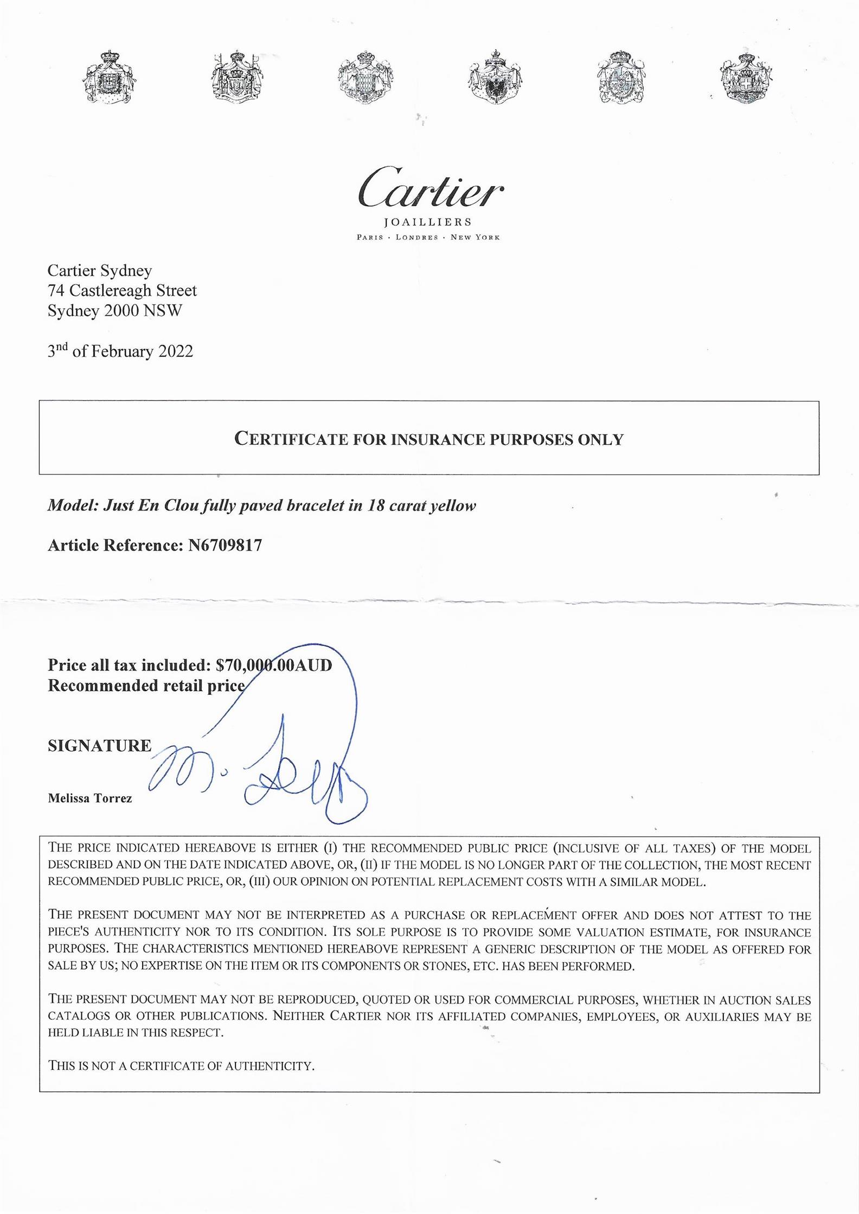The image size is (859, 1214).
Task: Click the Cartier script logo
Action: click(x=430, y=188)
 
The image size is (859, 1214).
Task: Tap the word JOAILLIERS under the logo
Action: click(x=428, y=222)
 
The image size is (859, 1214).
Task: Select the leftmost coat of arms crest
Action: click(x=111, y=78)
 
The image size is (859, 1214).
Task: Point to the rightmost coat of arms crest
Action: click(x=746, y=77)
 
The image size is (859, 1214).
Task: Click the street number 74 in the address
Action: click(x=56, y=291)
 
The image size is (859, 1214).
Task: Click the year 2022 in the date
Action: click(x=175, y=352)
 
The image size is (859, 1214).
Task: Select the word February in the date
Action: click(x=123, y=352)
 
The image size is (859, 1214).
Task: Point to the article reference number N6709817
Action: click(x=225, y=545)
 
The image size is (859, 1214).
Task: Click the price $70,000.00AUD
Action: click(x=274, y=665)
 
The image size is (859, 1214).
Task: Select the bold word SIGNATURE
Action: click(x=100, y=745)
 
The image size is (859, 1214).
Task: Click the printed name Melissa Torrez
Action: click(x=90, y=798)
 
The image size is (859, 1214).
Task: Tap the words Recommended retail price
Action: click(x=146, y=686)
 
